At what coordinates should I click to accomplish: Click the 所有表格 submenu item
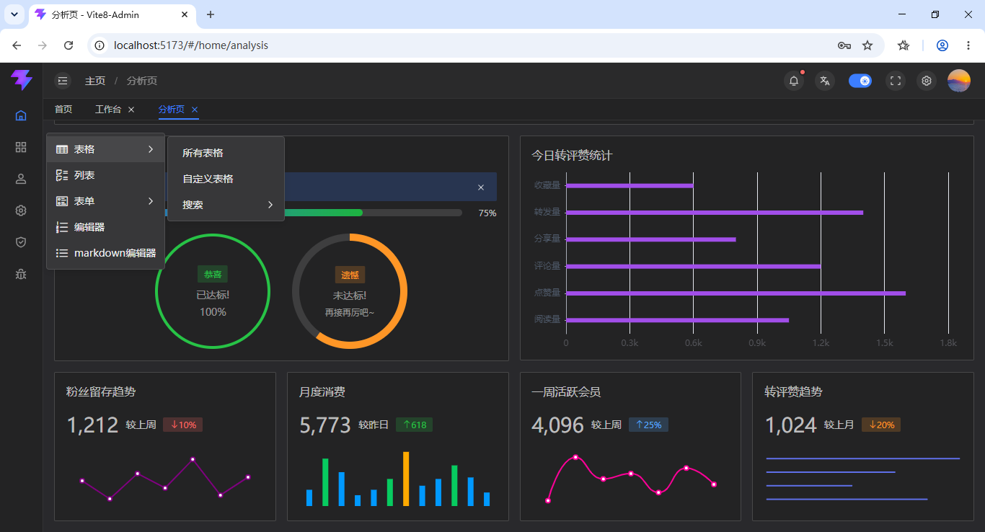tap(203, 153)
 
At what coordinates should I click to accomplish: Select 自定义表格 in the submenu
tap(208, 179)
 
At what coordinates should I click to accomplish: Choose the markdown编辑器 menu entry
tap(115, 253)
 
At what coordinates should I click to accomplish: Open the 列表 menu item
tap(84, 175)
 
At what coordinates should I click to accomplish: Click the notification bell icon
tap(794, 81)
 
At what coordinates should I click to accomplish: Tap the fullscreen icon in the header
tap(896, 81)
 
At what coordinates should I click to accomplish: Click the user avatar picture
tap(958, 81)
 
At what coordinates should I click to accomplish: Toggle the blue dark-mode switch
tap(860, 81)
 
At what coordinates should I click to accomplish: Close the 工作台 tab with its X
tap(131, 110)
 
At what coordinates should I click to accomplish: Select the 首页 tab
tap(63, 109)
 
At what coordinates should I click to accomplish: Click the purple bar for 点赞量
tap(736, 293)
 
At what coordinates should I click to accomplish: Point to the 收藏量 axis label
tap(547, 185)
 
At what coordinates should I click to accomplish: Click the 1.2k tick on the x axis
tap(821, 343)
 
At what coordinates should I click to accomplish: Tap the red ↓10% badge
tap(183, 425)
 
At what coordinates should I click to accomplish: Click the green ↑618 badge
tap(414, 425)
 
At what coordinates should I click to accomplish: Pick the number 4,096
tap(557, 425)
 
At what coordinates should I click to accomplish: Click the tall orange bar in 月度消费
tap(406, 479)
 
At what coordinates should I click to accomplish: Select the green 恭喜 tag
tap(213, 275)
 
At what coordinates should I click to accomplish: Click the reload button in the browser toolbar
tap(69, 45)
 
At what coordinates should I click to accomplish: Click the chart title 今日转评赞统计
tap(572, 156)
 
